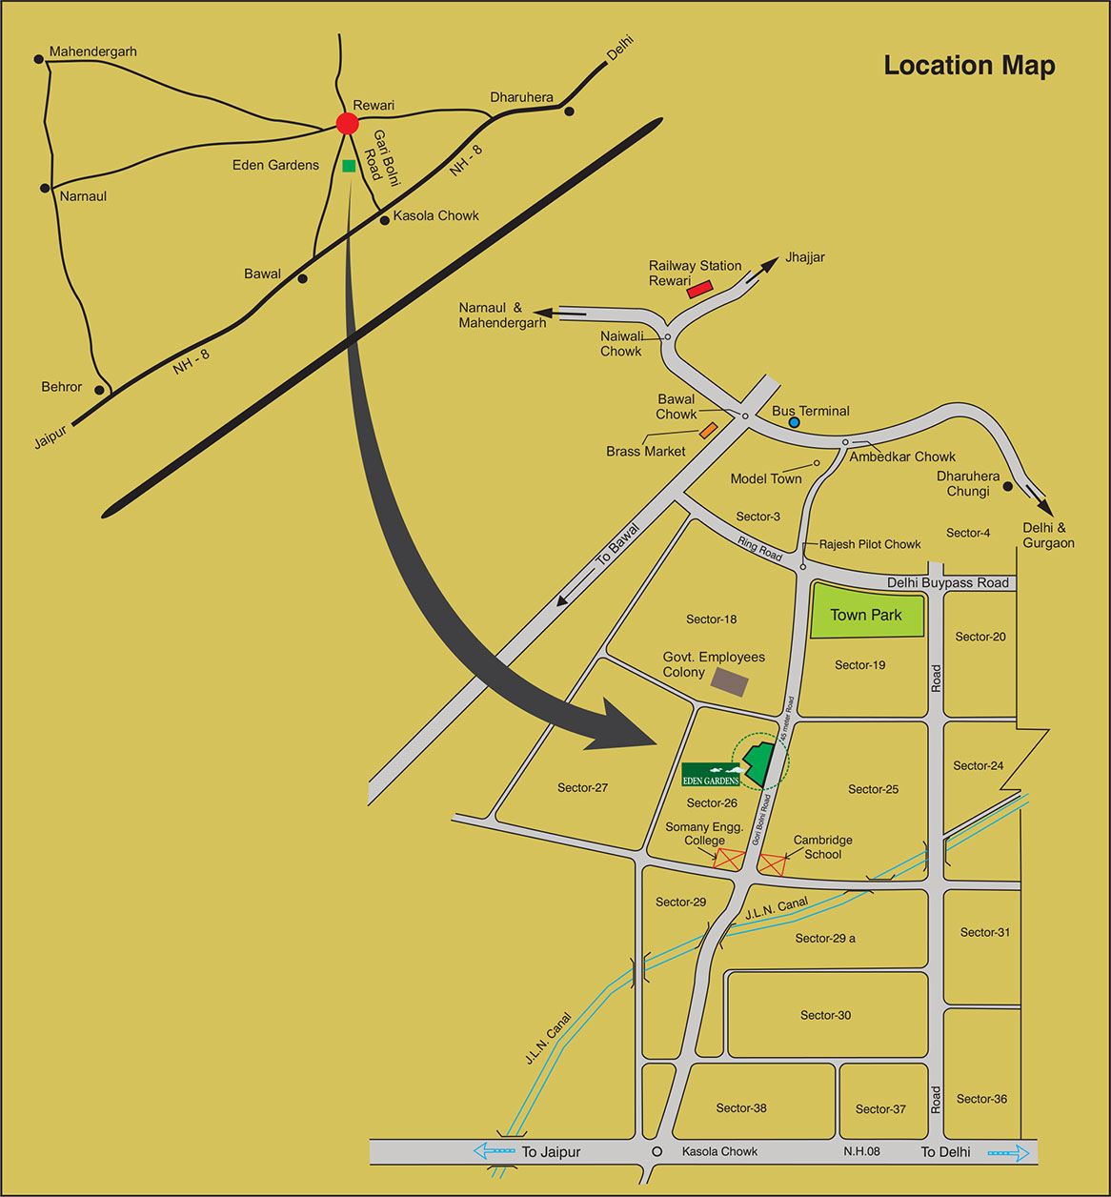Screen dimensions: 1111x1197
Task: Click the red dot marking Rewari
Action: click(x=348, y=123)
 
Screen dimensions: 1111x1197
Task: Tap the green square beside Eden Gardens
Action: click(x=349, y=166)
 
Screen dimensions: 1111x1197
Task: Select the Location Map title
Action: click(x=969, y=66)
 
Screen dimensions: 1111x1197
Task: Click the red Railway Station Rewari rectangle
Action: click(x=700, y=288)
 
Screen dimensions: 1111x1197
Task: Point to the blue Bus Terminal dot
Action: click(x=794, y=421)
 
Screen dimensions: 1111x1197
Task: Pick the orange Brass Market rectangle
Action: click(x=708, y=431)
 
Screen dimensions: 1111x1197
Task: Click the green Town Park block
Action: click(x=866, y=616)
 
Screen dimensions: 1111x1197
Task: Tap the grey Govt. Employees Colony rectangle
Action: click(x=731, y=681)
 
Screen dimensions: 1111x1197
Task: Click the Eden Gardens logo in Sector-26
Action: click(x=711, y=775)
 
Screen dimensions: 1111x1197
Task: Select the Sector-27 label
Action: click(x=582, y=787)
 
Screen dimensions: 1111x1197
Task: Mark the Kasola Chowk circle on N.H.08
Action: click(x=656, y=1151)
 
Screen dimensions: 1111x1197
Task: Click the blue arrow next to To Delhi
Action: click(x=1009, y=1152)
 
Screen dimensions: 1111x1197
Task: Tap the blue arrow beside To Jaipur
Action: click(x=495, y=1152)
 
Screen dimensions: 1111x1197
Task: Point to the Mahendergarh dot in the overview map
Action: click(x=39, y=59)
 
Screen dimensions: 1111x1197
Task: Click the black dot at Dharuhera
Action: click(x=569, y=112)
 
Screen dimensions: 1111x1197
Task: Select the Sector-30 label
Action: click(x=825, y=1015)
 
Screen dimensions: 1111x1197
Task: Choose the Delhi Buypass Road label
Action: click(x=947, y=582)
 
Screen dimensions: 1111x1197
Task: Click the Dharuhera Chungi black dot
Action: click(x=1007, y=487)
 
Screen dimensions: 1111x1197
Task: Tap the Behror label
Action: click(x=62, y=387)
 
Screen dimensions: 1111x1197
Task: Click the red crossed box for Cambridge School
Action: click(x=772, y=865)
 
